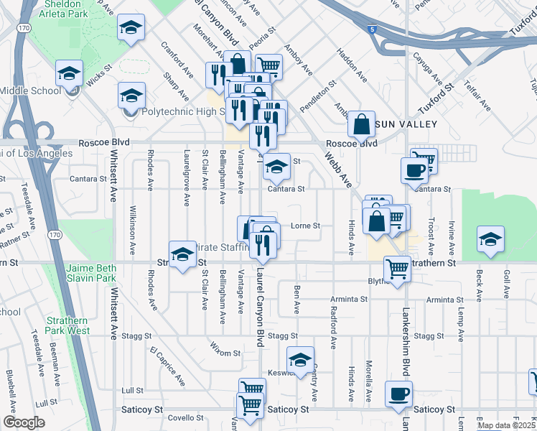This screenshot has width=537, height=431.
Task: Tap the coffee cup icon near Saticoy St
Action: pos(399,393)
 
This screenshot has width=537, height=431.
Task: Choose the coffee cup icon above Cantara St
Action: pos(414,170)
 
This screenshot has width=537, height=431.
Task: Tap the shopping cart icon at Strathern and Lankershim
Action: pos(397,269)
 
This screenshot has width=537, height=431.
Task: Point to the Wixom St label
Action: pos(226,353)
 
